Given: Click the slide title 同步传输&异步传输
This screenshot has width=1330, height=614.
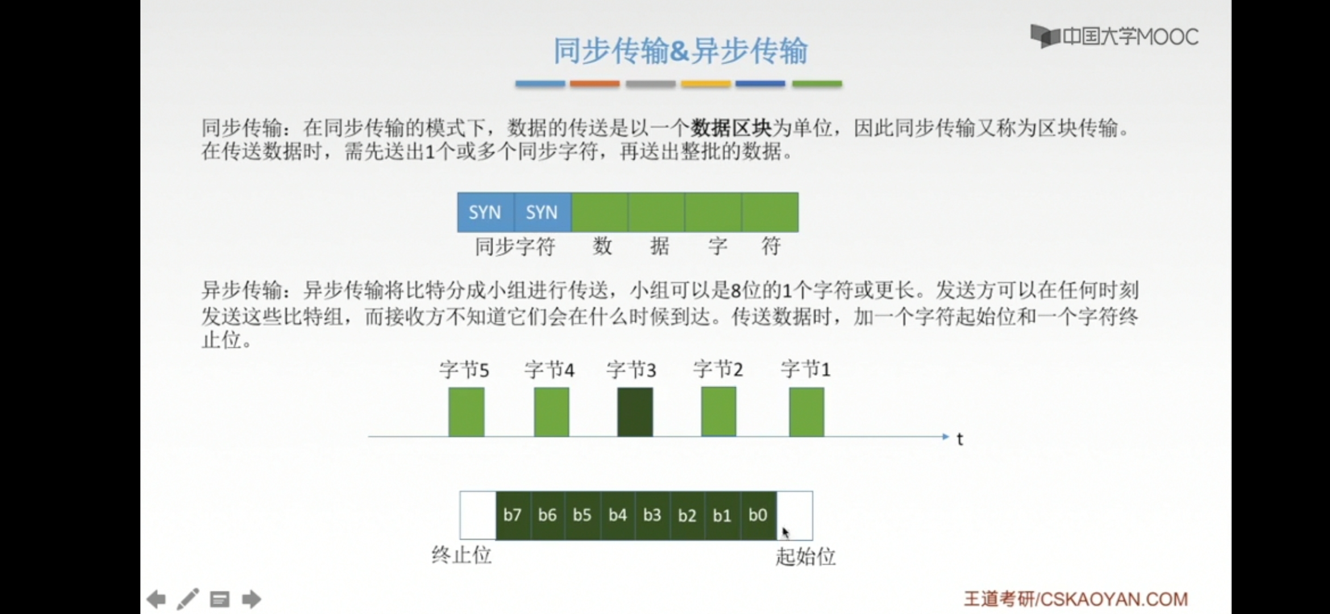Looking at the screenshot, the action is [x=680, y=51].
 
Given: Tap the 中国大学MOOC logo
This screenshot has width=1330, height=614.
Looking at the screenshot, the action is [x=1114, y=37].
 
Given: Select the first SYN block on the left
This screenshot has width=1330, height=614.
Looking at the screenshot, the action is [x=485, y=212].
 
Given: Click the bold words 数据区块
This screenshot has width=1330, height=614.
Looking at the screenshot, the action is [x=731, y=128].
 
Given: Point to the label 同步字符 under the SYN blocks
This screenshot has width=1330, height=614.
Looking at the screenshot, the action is [x=515, y=247].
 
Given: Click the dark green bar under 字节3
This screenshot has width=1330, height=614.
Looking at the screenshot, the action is [x=635, y=412].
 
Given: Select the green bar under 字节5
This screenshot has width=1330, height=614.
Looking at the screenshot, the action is [x=466, y=412].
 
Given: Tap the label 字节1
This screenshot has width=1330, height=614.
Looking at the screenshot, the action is [x=805, y=370].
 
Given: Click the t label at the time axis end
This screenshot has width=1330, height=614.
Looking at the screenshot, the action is [x=960, y=439].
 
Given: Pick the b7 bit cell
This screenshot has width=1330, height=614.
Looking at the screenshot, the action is [x=513, y=515].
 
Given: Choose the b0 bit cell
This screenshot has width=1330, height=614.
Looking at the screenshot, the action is [x=758, y=515].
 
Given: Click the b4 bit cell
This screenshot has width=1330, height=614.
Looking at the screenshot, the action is [x=618, y=515].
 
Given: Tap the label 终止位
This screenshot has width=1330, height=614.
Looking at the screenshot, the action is [x=462, y=555].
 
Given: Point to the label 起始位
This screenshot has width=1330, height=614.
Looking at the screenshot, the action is [x=805, y=557].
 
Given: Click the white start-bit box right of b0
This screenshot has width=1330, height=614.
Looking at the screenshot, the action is [x=795, y=515].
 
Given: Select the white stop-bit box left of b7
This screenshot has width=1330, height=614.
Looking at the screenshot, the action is [x=478, y=515].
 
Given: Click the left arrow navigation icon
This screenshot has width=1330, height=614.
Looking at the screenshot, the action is [x=156, y=599].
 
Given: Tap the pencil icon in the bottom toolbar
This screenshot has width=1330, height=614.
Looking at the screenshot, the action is [x=188, y=599].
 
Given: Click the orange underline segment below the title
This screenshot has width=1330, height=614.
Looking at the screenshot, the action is [x=595, y=84].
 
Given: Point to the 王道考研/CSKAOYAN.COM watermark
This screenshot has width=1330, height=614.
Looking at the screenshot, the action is [x=1076, y=599].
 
